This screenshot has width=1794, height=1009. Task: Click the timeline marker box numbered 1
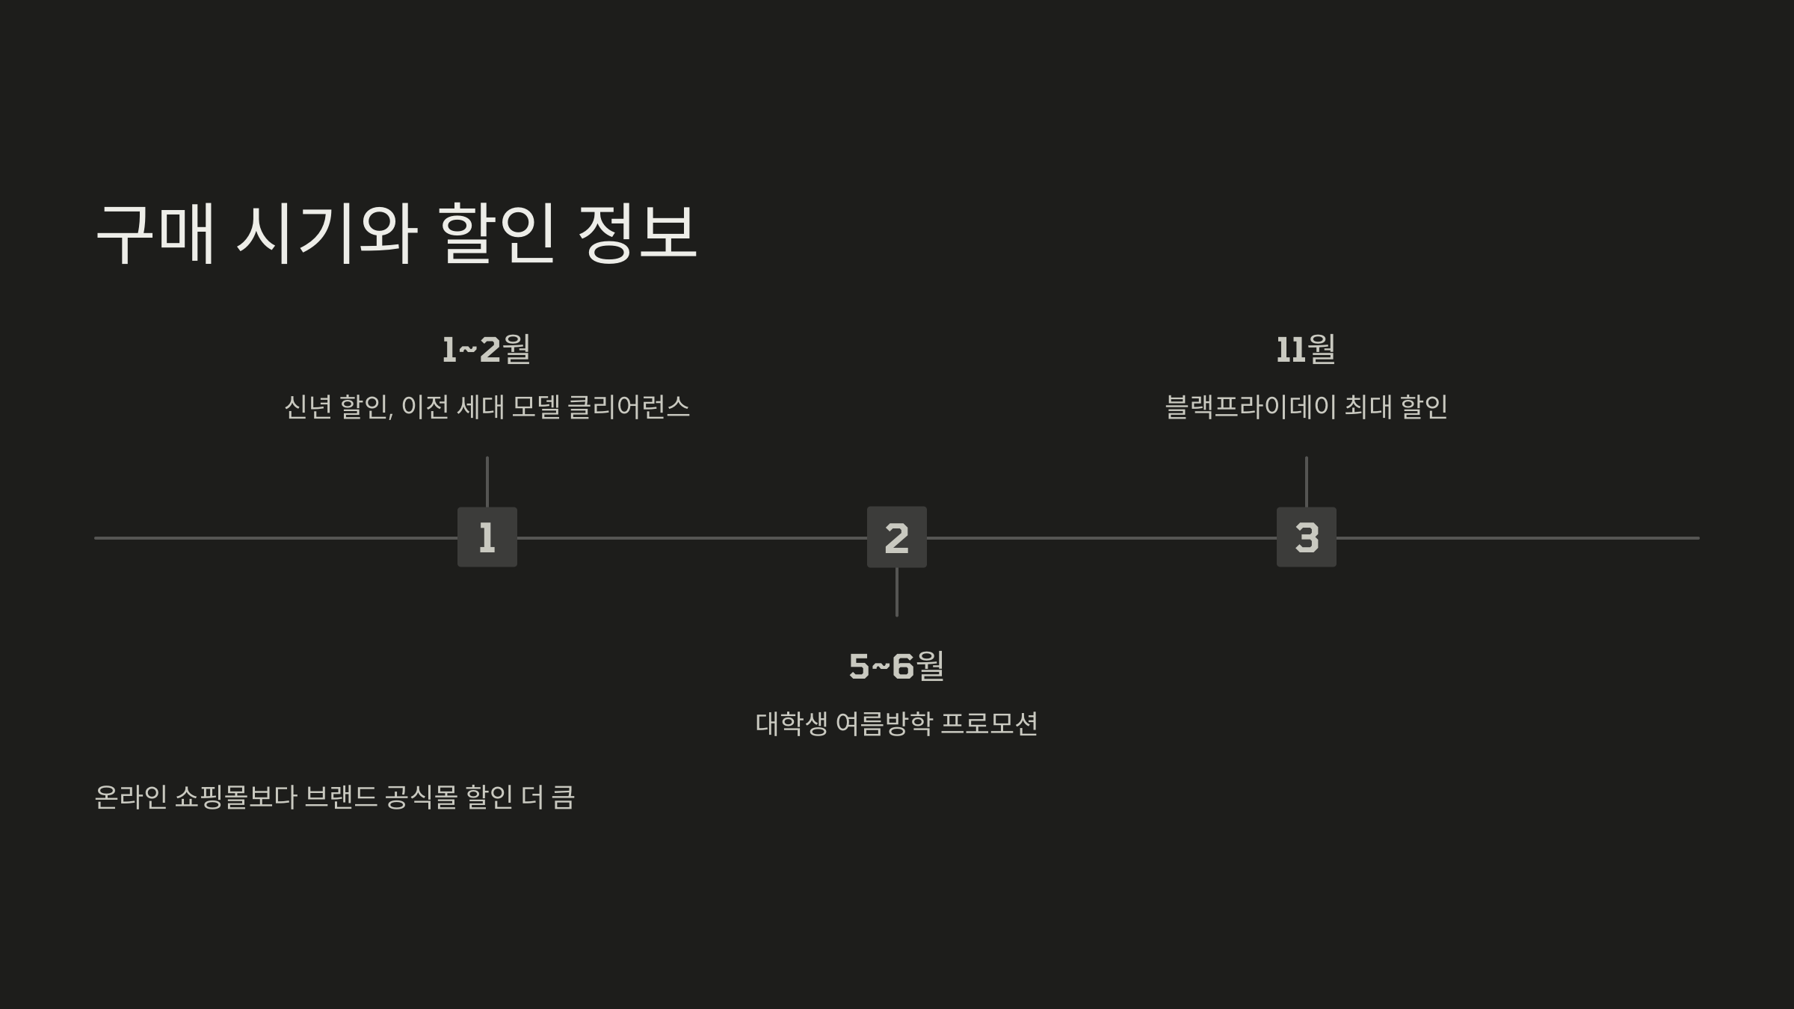(487, 537)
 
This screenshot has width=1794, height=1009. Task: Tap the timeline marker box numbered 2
(896, 537)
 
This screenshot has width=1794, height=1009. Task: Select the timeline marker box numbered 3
(1306, 537)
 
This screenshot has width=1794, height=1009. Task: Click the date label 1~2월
(487, 349)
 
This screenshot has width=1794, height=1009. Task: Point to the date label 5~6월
(896, 666)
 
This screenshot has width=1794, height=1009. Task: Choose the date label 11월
(1306, 349)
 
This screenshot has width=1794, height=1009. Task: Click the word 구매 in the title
(155, 232)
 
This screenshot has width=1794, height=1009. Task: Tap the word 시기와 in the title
(327, 232)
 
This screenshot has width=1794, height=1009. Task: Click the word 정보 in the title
(638, 232)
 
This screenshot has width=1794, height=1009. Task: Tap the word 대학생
(791, 723)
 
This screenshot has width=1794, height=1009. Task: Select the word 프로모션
(989, 723)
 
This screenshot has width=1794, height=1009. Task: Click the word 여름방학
(884, 723)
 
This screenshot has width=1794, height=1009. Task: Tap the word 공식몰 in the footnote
(421, 797)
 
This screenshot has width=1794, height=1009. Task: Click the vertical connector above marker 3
(1306, 482)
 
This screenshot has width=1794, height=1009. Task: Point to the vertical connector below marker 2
(896, 592)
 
